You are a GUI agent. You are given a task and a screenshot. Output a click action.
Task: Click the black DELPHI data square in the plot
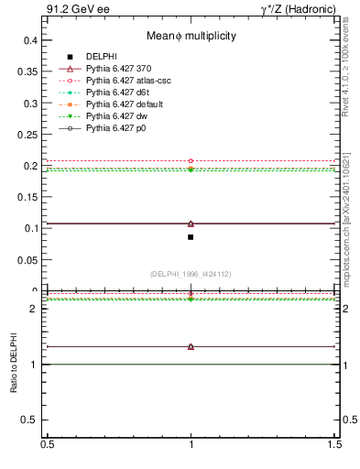191,237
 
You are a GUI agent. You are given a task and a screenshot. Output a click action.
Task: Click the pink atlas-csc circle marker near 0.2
191,161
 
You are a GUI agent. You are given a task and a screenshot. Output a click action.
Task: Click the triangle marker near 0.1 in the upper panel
191,224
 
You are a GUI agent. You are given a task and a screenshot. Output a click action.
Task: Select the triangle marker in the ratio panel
191,346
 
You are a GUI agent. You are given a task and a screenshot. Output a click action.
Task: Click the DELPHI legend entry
101,57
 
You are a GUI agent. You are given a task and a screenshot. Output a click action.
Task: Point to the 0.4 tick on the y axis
31,40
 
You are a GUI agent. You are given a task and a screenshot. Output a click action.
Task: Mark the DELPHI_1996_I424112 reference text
191,274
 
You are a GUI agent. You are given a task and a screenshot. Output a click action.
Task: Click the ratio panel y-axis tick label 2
33,309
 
